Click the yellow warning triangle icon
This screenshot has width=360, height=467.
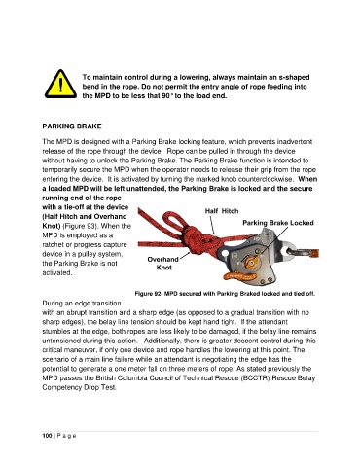click(60, 85)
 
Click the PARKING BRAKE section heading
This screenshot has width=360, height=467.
click(72, 126)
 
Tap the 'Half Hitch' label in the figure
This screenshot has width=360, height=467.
click(222, 211)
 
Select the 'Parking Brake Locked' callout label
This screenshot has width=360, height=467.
click(278, 223)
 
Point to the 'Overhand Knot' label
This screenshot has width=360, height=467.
click(163, 264)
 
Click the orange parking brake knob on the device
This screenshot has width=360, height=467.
click(252, 262)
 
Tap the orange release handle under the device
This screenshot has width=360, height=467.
click(239, 276)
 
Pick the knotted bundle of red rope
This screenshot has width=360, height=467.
click(198, 241)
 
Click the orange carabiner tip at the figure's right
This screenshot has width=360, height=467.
click(314, 253)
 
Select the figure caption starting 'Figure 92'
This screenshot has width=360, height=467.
click(225, 294)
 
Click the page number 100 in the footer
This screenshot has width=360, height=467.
click(47, 436)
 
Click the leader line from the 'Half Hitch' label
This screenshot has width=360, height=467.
click(212, 225)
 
